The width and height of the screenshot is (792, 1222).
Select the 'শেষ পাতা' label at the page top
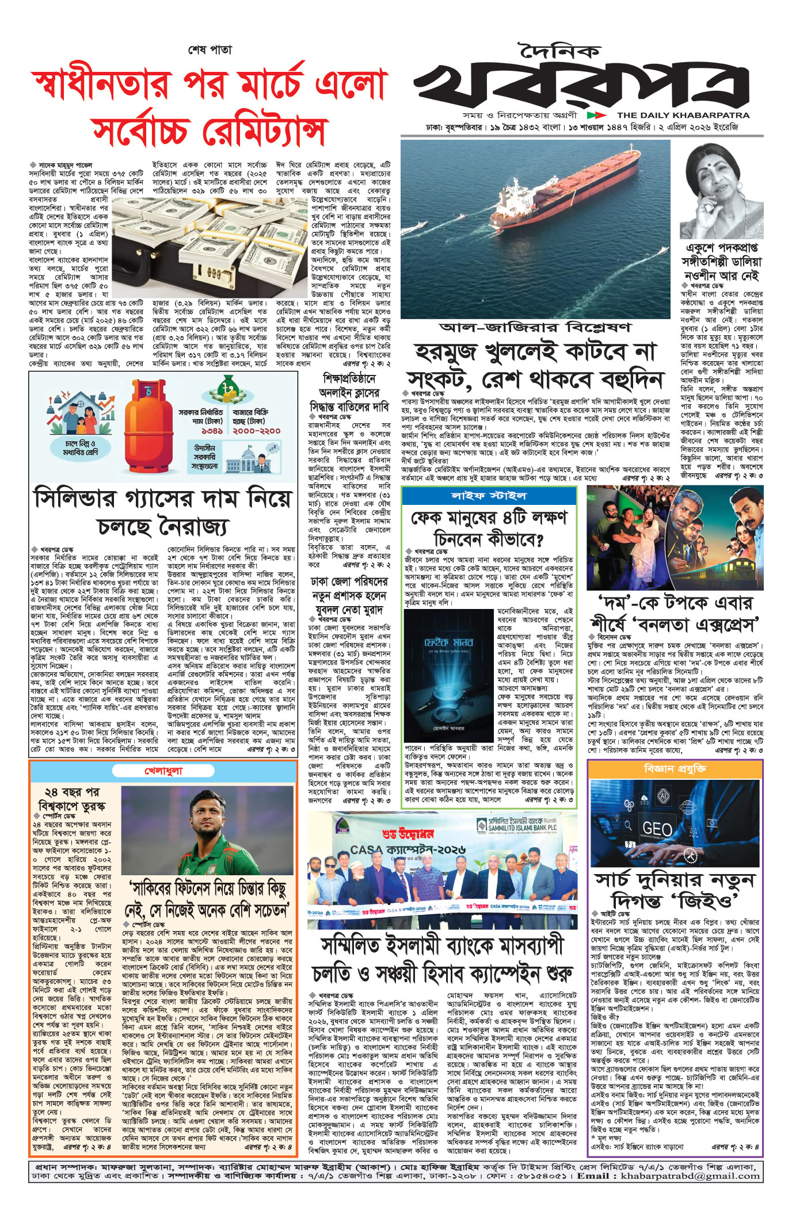click(210, 50)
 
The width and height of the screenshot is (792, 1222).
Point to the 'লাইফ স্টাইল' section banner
click(489, 496)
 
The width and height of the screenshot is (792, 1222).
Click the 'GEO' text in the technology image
click(657, 829)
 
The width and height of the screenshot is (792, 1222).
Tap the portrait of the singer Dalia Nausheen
click(722, 189)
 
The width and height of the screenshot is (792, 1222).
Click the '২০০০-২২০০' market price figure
click(257, 430)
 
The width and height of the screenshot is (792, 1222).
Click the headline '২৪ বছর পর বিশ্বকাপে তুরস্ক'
click(71, 798)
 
